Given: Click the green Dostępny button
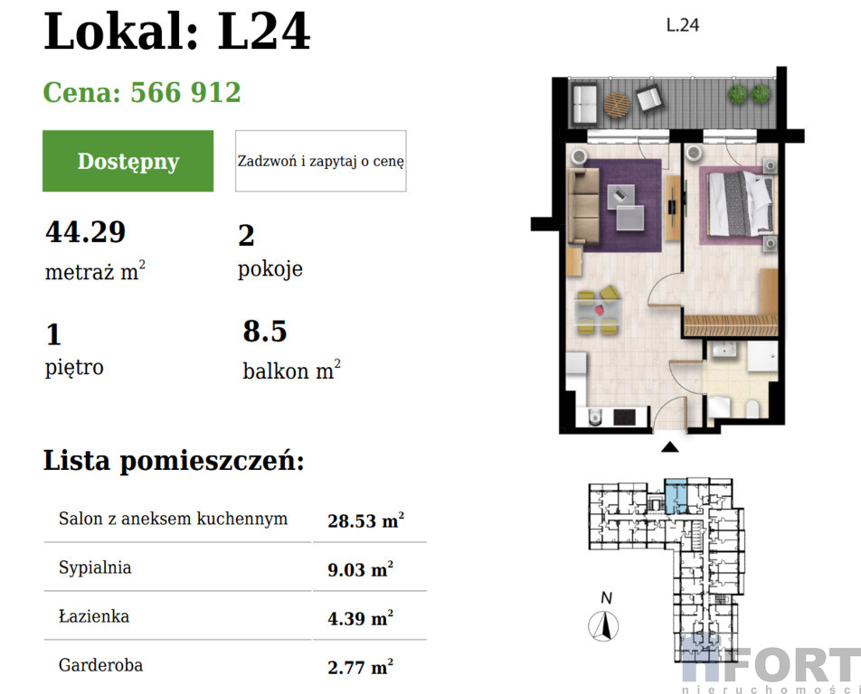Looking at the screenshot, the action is pos(128,161).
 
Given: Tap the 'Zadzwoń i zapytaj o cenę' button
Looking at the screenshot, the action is pos(321,161).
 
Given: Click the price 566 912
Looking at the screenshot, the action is pos(185,92).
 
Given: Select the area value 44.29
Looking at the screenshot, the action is pos(86,231).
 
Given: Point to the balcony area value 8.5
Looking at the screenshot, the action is pos(265,331).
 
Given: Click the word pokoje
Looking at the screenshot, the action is pos(270,268).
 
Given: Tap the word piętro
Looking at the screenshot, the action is pos(74,367).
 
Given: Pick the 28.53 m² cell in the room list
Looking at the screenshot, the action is pos(366,520).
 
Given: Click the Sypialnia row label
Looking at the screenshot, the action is pos(95,567).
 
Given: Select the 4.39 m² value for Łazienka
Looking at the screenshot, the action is pos(361,618).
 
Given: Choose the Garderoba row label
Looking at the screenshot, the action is pos(100,665).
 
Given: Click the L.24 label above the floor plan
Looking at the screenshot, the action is pos(683,25).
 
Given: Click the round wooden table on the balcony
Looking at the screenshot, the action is pos(617,104).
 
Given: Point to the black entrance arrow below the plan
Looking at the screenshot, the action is pos(669,446).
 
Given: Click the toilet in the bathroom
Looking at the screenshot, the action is pos(752,408).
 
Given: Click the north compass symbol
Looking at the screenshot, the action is pos(603,626).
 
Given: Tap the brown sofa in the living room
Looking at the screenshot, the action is pos(583,205).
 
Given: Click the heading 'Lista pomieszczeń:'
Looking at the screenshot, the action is pos(174,461).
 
